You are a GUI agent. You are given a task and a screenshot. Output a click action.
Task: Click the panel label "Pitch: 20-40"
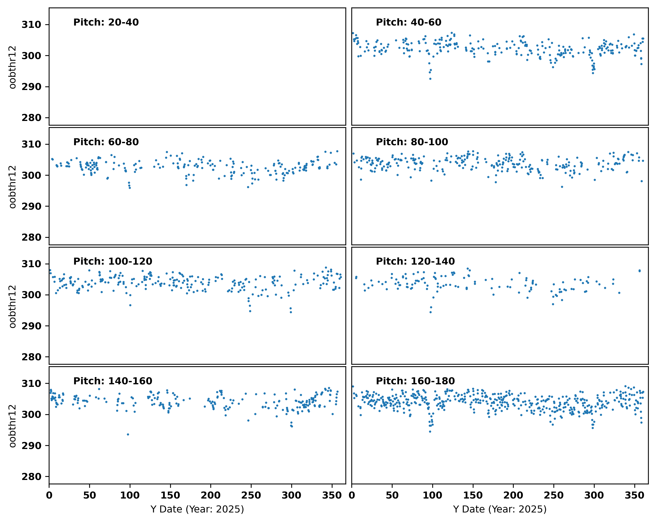(x=106, y=22)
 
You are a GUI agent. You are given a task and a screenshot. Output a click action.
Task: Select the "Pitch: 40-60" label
(x=409, y=22)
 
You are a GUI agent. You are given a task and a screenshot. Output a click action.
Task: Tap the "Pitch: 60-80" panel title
(x=106, y=142)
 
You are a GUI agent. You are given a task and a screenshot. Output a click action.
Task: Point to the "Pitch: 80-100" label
(x=412, y=142)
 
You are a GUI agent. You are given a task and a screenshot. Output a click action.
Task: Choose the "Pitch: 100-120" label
(x=113, y=261)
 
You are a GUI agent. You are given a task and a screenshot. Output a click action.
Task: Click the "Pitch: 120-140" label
(x=415, y=261)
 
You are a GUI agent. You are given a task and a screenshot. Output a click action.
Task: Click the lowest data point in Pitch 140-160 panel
(x=128, y=434)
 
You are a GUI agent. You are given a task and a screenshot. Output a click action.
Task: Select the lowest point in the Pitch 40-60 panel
(x=430, y=79)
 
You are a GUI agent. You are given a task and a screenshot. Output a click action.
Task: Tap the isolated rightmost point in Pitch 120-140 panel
(x=640, y=271)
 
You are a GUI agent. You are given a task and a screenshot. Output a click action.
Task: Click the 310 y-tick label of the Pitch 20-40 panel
(x=31, y=25)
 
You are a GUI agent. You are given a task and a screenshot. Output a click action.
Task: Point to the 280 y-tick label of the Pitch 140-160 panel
(x=31, y=477)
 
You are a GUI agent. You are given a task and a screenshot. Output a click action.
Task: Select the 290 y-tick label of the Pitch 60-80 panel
(x=31, y=206)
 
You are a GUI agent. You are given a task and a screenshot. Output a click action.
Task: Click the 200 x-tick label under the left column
(x=211, y=495)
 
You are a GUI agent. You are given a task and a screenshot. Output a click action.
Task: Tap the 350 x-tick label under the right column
(x=634, y=495)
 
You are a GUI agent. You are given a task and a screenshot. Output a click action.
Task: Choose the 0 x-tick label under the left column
(x=49, y=495)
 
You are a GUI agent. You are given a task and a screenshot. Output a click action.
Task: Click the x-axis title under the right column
(x=500, y=509)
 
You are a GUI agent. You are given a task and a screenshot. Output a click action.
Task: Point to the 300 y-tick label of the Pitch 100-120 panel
(x=31, y=295)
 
